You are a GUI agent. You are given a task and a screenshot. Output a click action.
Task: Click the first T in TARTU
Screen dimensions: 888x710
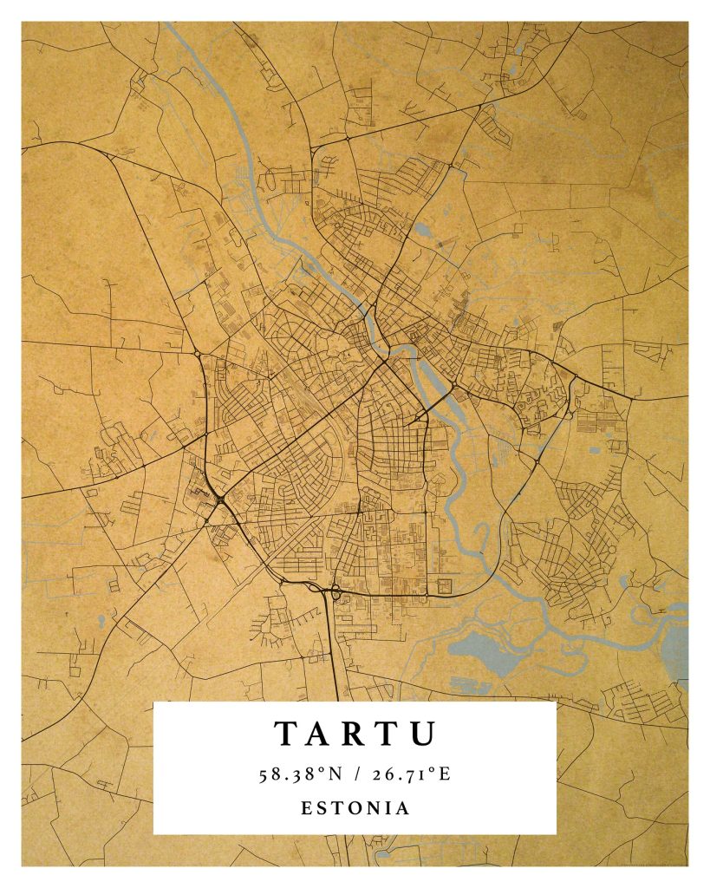(x=287, y=734)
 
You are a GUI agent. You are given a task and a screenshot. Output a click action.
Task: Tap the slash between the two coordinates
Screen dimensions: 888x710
(x=355, y=774)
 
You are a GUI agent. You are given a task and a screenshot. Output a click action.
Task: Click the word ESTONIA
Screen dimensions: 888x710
(x=355, y=807)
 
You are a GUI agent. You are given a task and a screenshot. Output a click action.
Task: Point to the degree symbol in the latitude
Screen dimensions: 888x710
(x=319, y=770)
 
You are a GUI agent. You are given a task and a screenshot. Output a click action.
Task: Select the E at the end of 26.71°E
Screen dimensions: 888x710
(x=444, y=774)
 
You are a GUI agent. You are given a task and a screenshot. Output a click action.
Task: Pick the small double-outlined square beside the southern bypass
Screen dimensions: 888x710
(x=444, y=585)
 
